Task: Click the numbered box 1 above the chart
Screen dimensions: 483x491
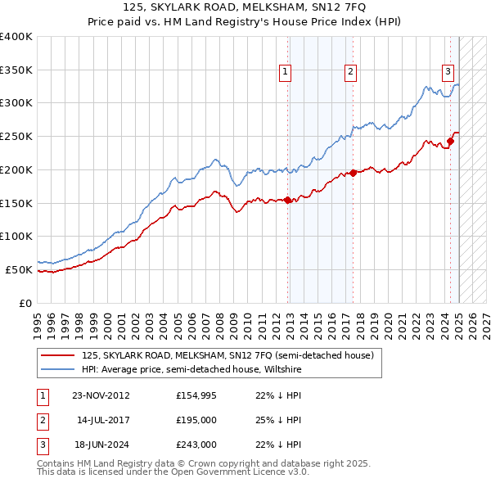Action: pos(286,72)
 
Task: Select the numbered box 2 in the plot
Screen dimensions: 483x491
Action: pos(349,72)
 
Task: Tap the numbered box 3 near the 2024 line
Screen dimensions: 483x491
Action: pos(448,71)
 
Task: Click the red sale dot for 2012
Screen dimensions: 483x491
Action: pos(288,200)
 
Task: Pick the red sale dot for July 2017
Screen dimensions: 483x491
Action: pos(353,173)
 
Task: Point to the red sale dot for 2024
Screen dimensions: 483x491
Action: pos(450,141)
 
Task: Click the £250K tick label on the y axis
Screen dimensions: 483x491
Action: pos(16,136)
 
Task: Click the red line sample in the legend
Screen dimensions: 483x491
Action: pos(58,355)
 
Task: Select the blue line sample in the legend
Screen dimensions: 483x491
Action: pos(58,368)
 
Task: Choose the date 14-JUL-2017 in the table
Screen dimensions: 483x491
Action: pos(102,420)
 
